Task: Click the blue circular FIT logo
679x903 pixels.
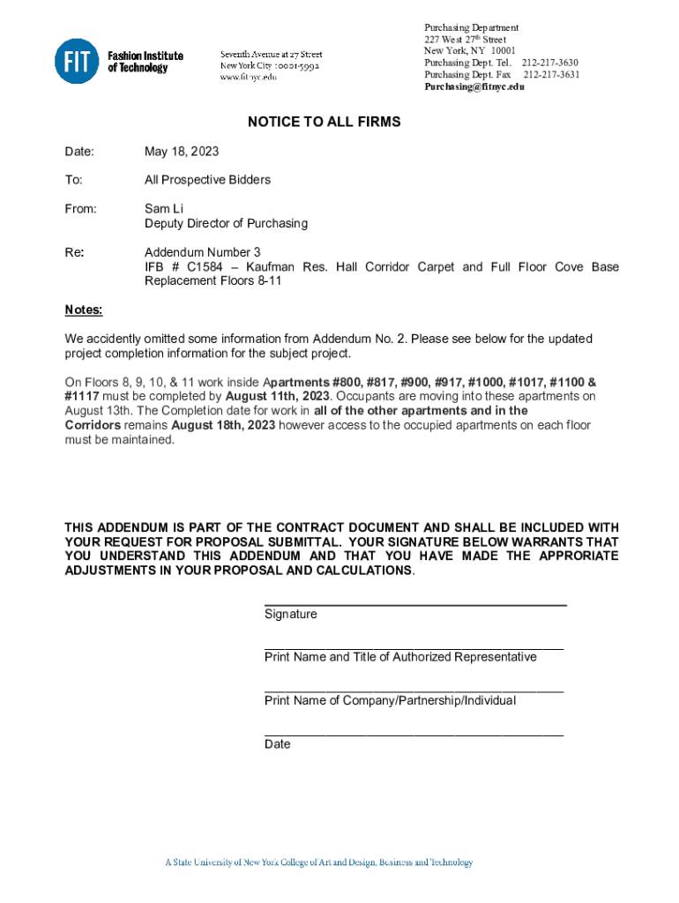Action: [x=77, y=62]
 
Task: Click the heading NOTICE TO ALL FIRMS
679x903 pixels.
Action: [x=324, y=122]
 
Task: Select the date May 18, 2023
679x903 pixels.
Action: [x=182, y=152]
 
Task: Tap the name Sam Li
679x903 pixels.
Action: [x=164, y=209]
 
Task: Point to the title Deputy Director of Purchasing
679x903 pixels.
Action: [x=227, y=224]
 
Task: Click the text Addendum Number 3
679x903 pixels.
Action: [x=203, y=252]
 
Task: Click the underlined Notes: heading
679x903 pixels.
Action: [x=84, y=310]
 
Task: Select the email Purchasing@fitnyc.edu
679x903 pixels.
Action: [x=474, y=87]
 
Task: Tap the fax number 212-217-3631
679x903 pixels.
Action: [x=551, y=75]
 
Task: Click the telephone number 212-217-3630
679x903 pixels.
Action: [x=550, y=63]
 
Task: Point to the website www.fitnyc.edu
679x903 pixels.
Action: [x=248, y=77]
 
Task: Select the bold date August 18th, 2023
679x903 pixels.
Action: [x=223, y=425]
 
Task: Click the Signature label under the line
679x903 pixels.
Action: [x=290, y=614]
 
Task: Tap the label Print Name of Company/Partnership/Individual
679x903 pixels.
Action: [x=390, y=700]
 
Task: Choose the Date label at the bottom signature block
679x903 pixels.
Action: [x=277, y=744]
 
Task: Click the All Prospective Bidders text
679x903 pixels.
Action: [x=207, y=180]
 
